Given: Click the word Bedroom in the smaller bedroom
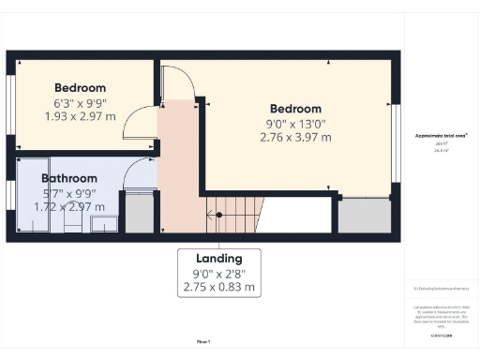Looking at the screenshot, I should (x=80, y=87).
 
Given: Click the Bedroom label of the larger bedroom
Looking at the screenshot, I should (x=295, y=109).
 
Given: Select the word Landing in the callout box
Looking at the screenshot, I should (x=219, y=259).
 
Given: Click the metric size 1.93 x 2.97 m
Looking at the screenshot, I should (x=80, y=116).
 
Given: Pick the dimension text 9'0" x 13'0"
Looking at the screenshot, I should (x=295, y=123).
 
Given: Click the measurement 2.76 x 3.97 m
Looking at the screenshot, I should (x=295, y=138).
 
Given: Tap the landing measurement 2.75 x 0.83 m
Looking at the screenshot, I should (x=219, y=288).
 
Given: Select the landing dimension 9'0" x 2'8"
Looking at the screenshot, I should (x=219, y=274).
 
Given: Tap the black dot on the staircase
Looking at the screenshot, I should (x=219, y=215).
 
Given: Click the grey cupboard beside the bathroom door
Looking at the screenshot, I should (x=139, y=212).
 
